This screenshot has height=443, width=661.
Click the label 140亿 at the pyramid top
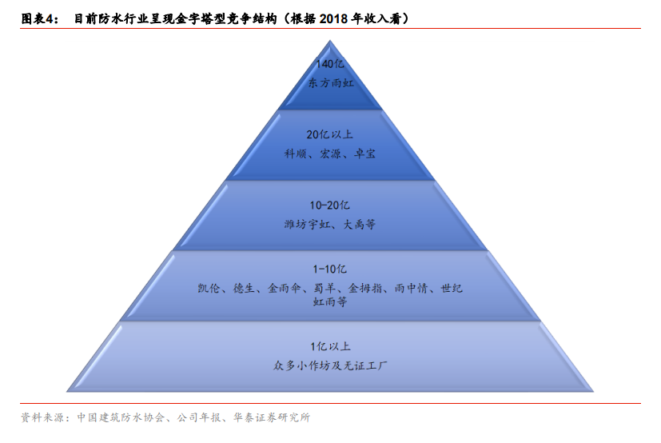point(330,64)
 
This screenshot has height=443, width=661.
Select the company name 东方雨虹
point(331,82)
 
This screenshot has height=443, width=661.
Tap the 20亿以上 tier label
point(329,134)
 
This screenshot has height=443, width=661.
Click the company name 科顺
point(295,154)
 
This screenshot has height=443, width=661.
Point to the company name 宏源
point(330,154)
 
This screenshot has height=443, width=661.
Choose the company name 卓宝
point(364,154)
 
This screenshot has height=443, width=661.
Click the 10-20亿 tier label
point(329,206)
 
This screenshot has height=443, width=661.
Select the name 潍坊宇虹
point(307,225)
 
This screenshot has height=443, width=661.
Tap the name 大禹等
point(359,225)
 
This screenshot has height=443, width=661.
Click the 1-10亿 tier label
point(329,269)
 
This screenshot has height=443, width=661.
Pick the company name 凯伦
point(209,288)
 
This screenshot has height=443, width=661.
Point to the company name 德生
point(244,288)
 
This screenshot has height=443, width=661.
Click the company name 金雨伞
point(285,288)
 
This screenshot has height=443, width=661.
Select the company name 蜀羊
point(325,288)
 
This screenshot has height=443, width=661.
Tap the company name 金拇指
point(365,288)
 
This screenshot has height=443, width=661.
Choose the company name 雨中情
point(412,288)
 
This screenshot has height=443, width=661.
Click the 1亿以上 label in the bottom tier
point(331,347)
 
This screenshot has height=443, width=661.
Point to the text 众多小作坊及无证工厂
point(330,365)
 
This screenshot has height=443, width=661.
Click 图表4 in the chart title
point(40,19)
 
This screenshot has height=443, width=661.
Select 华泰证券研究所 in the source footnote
point(272,417)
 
